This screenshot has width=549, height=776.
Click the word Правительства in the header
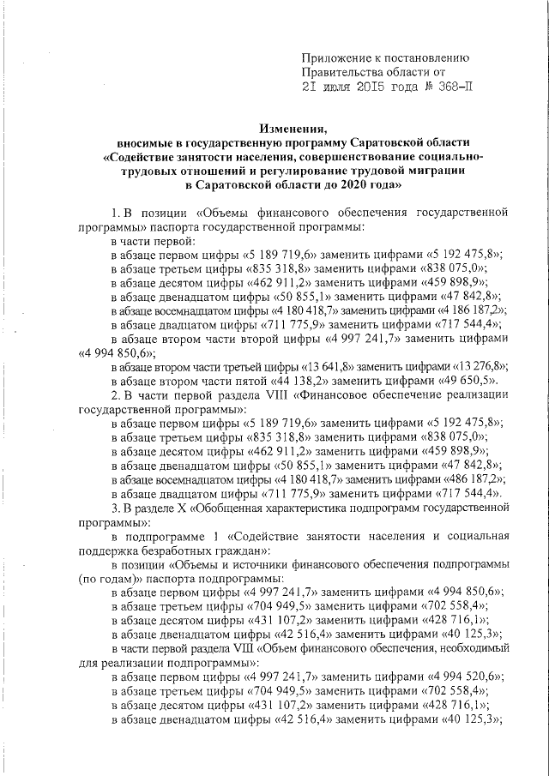click(349, 74)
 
